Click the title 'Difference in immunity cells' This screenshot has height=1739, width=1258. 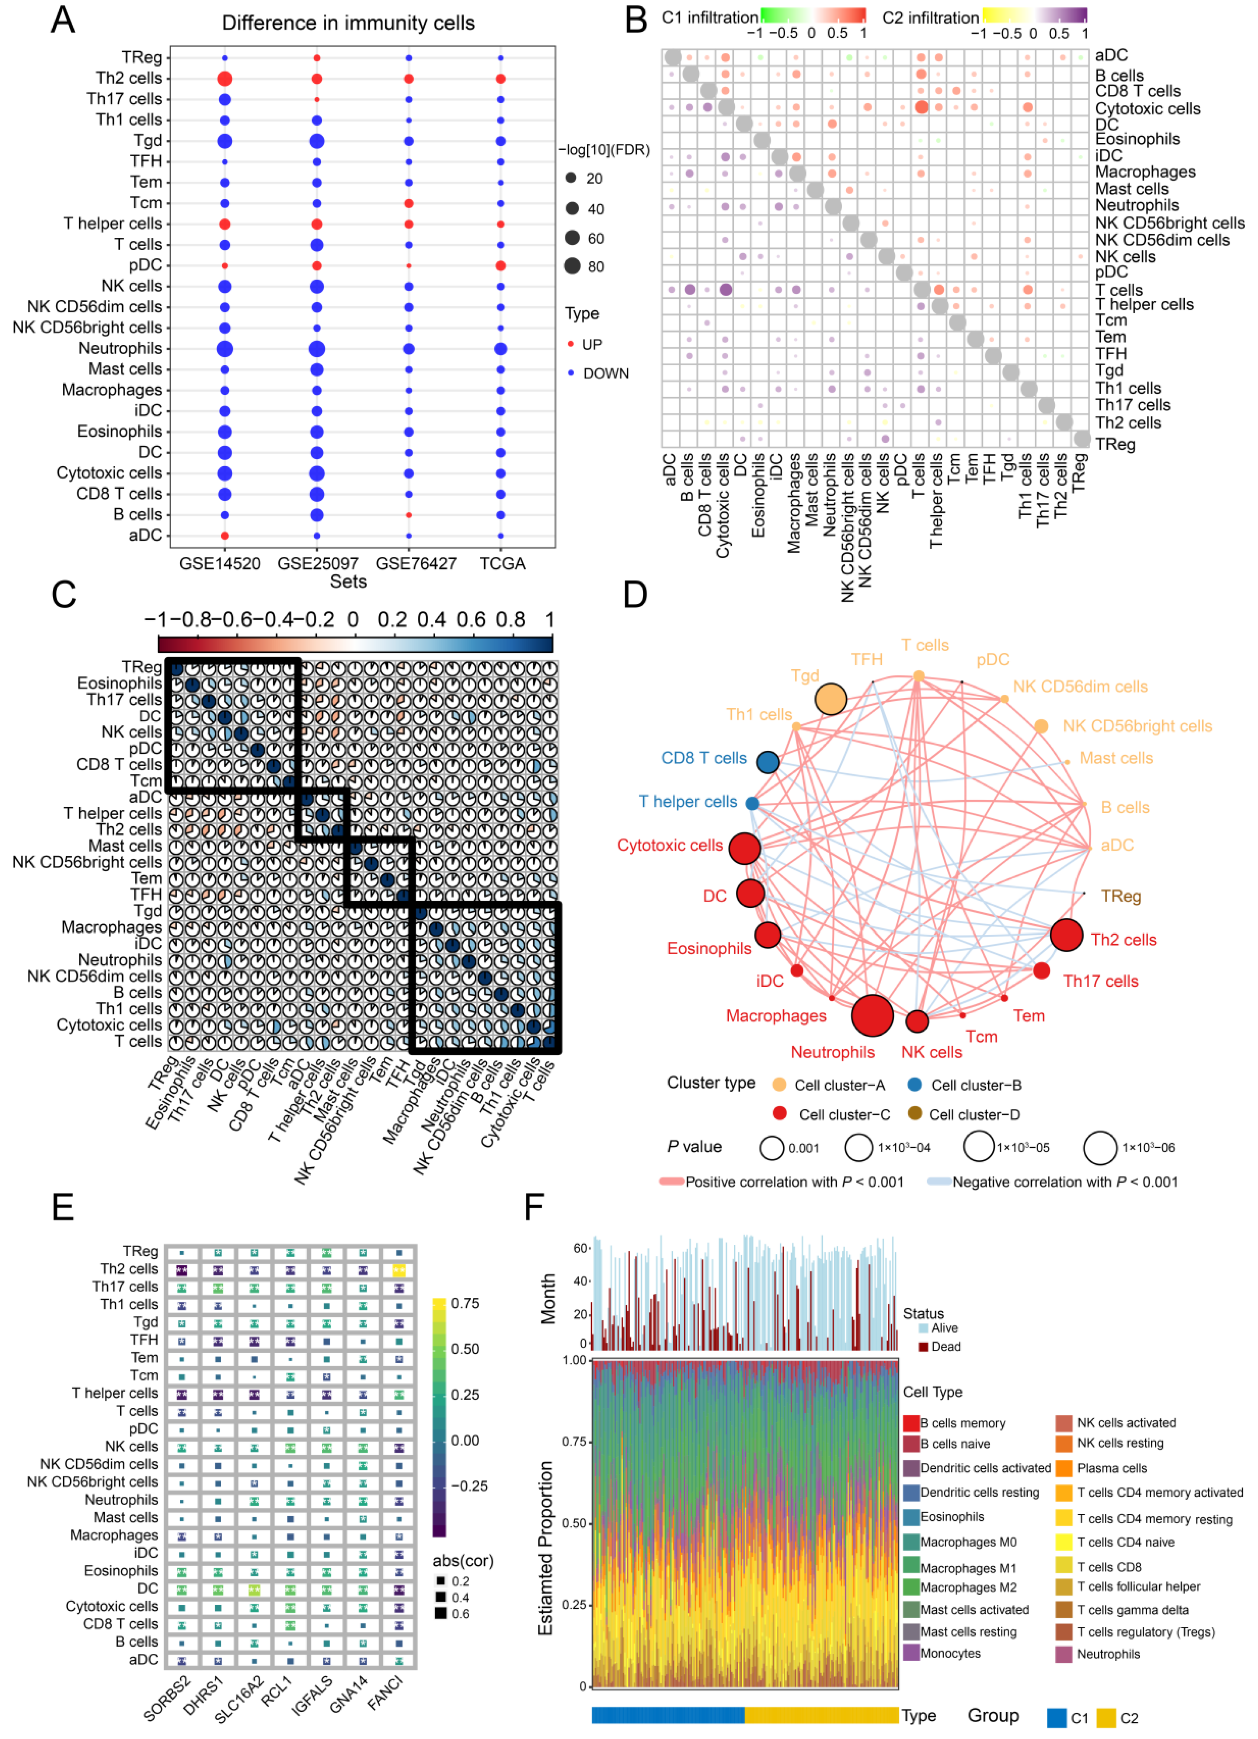point(348,23)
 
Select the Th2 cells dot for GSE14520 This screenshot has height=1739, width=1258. point(225,79)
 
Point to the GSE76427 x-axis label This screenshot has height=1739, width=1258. point(416,563)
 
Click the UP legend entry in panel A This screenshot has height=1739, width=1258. point(591,344)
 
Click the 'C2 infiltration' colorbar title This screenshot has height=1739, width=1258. point(930,17)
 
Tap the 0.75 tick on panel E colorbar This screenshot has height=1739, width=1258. point(465,1303)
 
